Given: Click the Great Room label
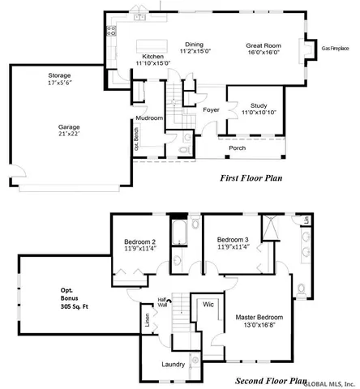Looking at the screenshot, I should pos(264,46).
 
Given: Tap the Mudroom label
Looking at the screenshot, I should pos(149,118).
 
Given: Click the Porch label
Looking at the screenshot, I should pos(237,148).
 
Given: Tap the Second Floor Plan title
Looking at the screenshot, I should pos(271,380).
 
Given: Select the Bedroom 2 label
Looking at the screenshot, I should pos(139,242).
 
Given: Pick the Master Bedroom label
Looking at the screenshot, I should pos(259,317).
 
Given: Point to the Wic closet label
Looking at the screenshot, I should pos(208,305).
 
